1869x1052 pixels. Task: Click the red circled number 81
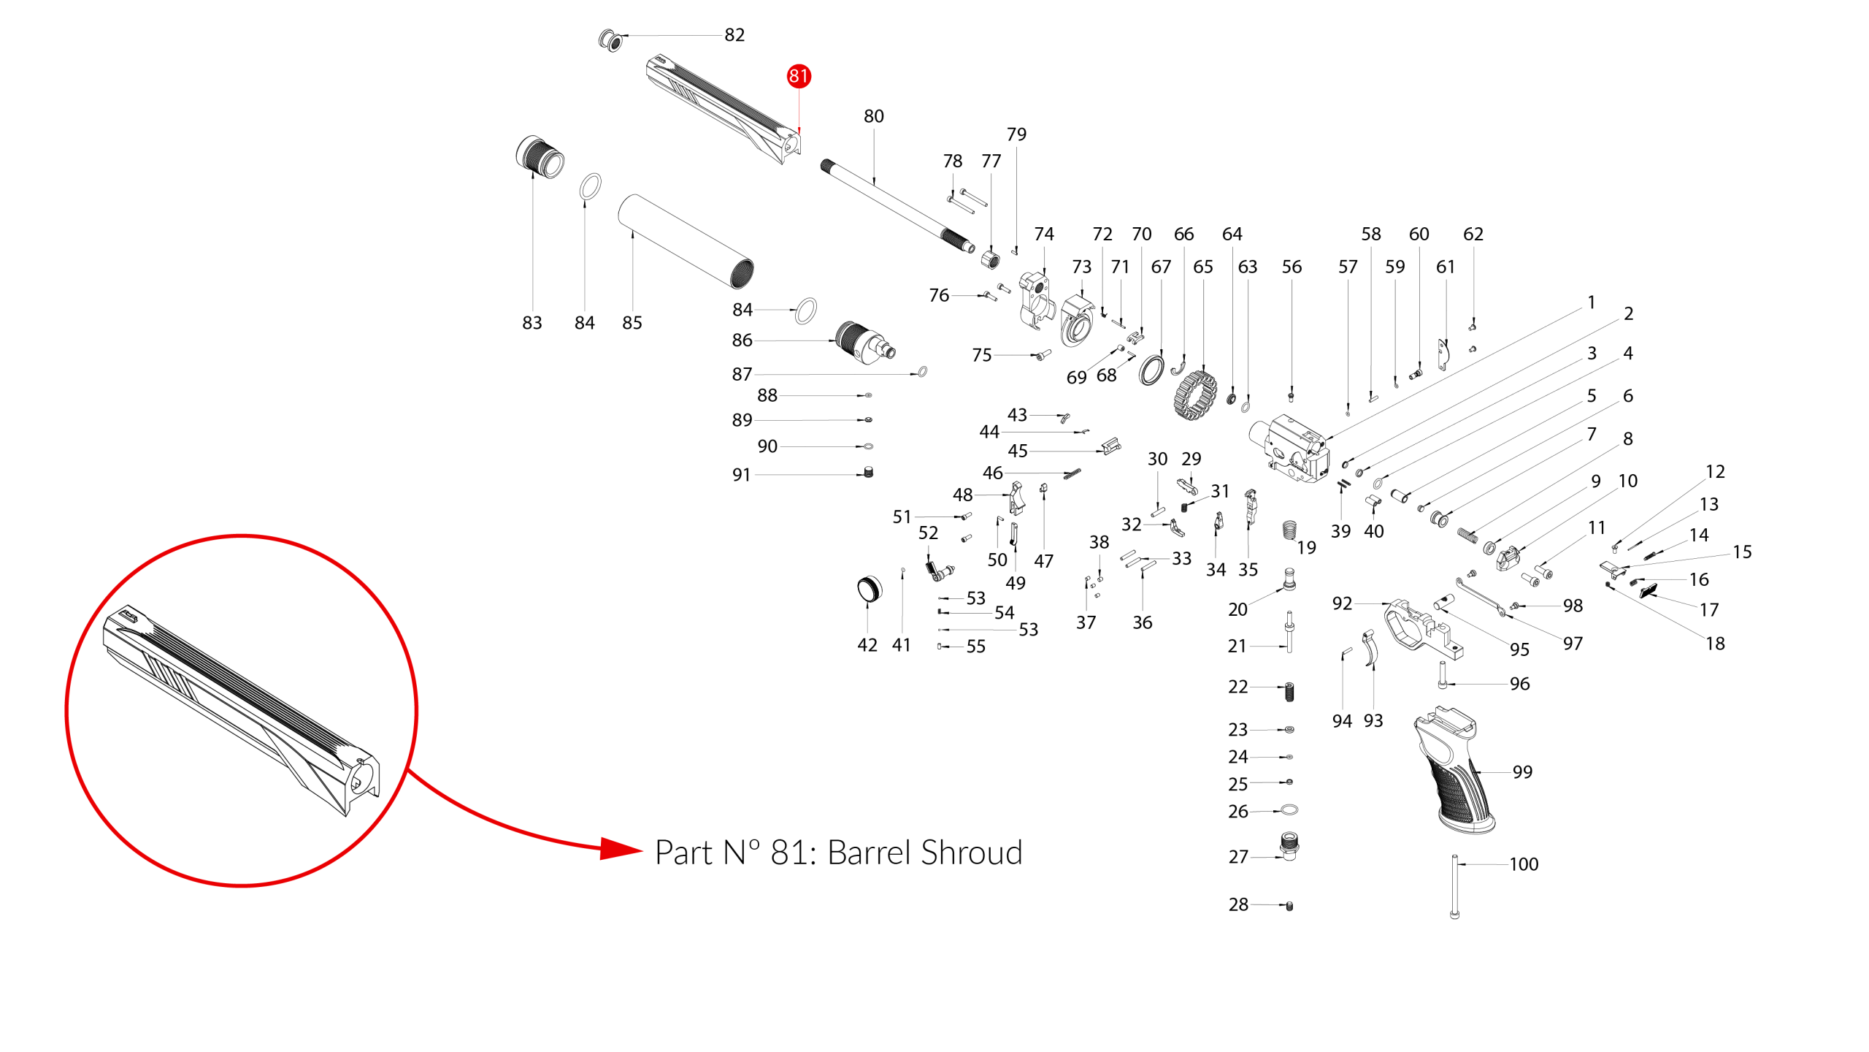(x=799, y=76)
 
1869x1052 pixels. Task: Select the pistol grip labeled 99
(x=1453, y=771)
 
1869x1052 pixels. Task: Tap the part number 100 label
(x=1524, y=864)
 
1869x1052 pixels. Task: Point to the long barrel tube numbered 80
(x=897, y=207)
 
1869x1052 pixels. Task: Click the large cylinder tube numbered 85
(x=686, y=241)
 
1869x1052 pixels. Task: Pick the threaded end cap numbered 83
(x=540, y=156)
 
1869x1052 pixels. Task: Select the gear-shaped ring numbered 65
(x=1195, y=394)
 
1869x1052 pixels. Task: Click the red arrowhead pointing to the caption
(x=621, y=849)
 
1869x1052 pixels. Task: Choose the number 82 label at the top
(x=734, y=35)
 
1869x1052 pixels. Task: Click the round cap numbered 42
(x=869, y=589)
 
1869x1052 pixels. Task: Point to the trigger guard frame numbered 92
(x=1423, y=628)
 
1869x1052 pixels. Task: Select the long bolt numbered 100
(x=1454, y=886)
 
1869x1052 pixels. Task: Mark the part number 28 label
(x=1238, y=904)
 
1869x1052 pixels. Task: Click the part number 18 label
(x=1715, y=644)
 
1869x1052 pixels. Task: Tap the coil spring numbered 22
(x=1289, y=692)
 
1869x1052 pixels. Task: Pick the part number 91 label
(x=741, y=475)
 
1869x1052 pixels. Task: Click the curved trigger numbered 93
(x=1372, y=647)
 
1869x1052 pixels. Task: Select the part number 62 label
(x=1473, y=234)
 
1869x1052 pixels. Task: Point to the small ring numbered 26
(x=1289, y=810)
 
